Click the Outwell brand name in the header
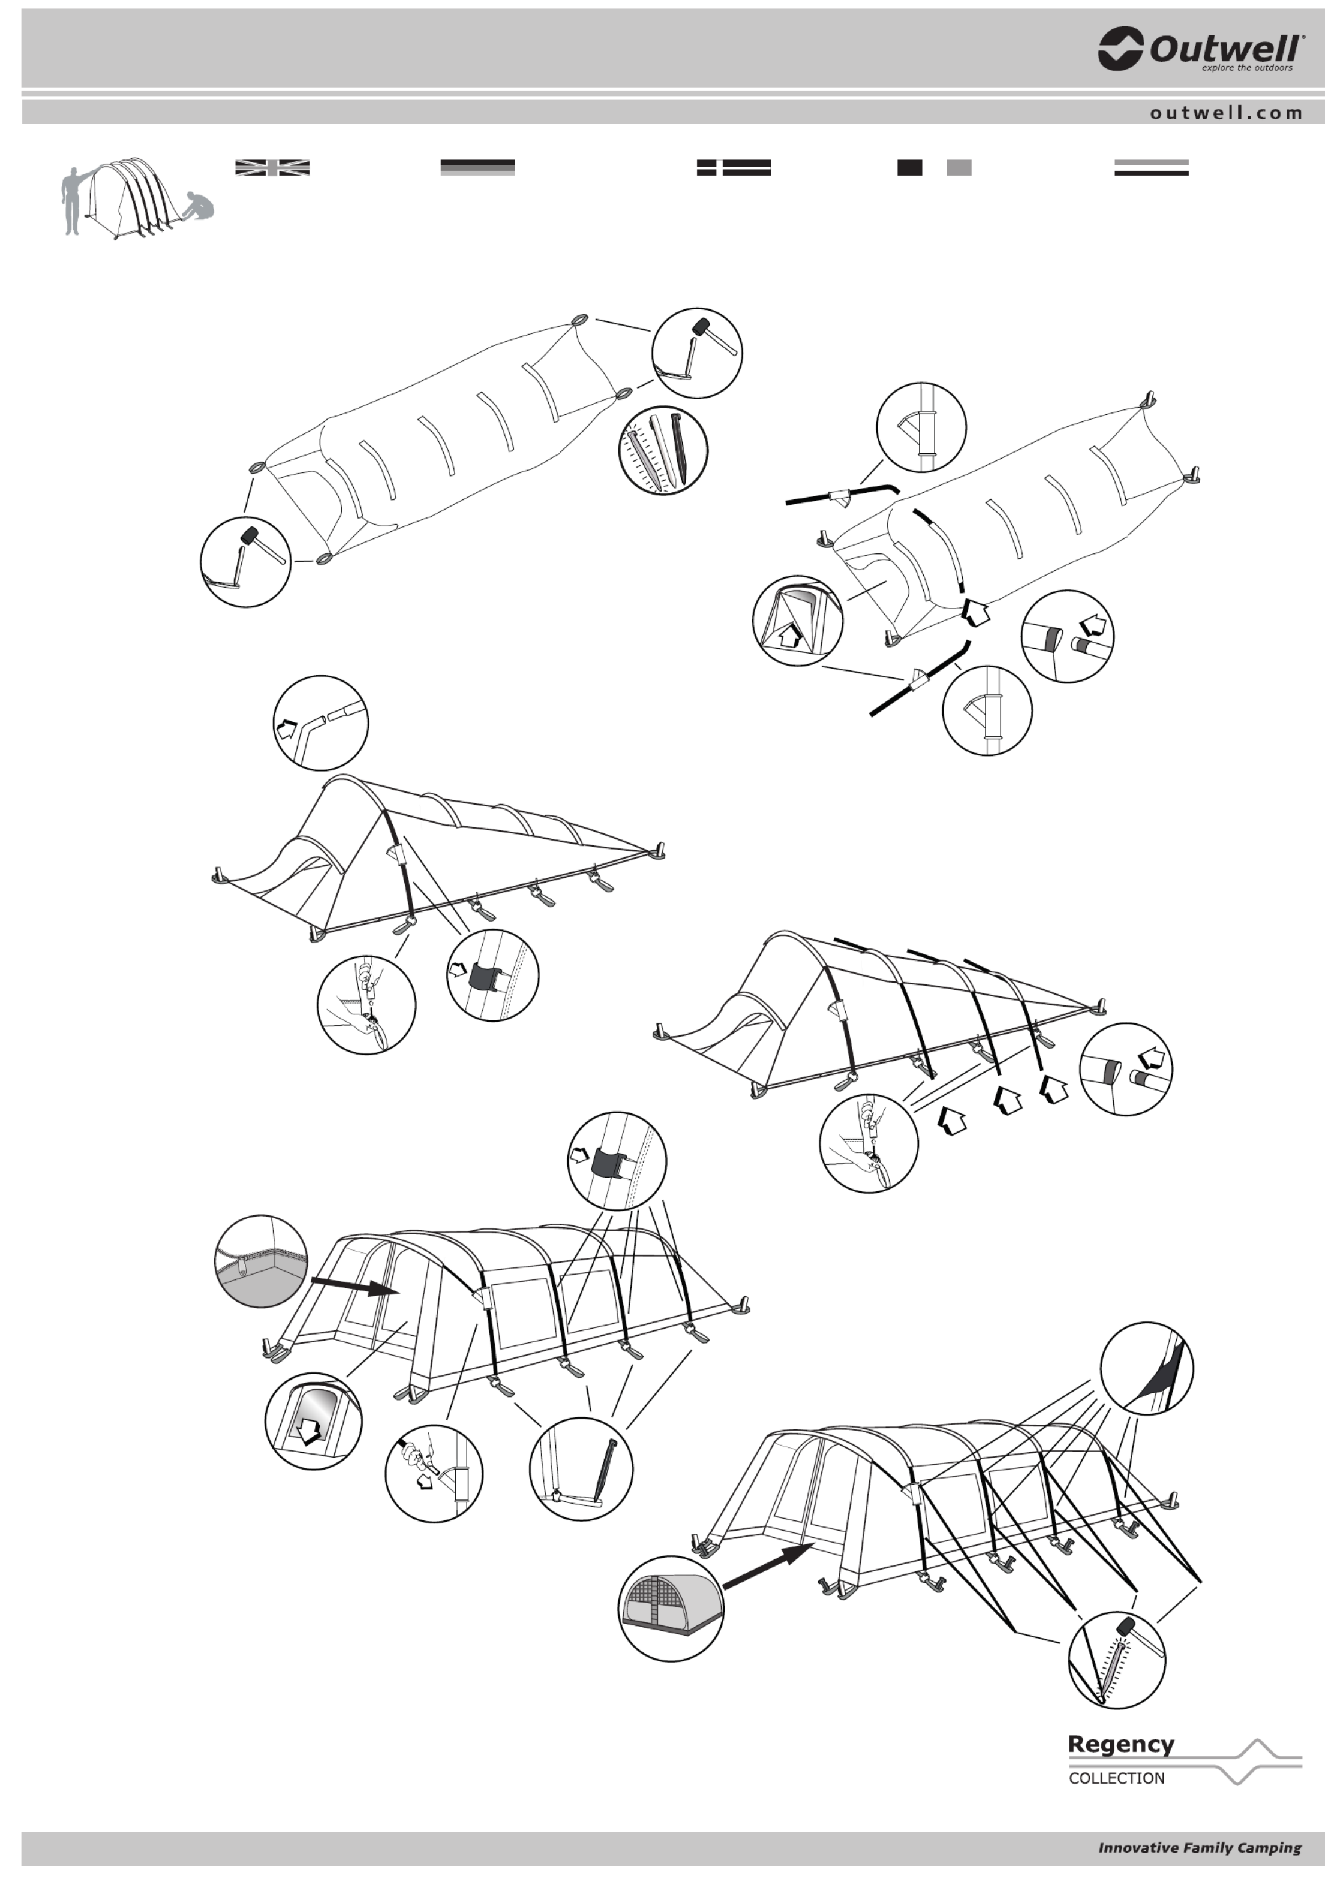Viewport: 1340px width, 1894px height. (1227, 50)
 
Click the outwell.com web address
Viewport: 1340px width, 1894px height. (1226, 113)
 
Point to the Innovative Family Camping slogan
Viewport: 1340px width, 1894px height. (1199, 1848)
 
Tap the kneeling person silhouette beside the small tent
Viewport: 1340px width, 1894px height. (197, 206)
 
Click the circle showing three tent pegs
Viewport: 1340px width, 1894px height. (663, 450)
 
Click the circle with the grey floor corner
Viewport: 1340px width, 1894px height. (261, 1260)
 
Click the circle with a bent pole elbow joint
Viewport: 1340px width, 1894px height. (321, 724)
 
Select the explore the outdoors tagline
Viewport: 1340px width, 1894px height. (1247, 68)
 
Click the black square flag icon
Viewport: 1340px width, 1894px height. (909, 167)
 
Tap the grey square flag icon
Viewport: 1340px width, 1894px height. (959, 167)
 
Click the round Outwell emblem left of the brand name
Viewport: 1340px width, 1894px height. (1120, 49)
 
